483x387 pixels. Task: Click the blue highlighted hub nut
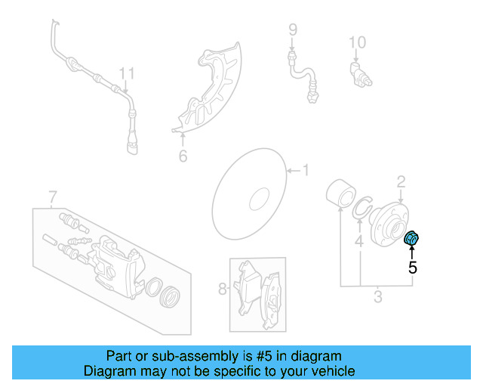tap(412, 240)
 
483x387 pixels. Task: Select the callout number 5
tap(413, 267)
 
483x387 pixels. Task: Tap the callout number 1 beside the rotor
tap(306, 170)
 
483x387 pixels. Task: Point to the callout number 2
tap(401, 181)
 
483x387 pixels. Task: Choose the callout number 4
tap(360, 242)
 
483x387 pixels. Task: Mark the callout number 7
tap(222, 288)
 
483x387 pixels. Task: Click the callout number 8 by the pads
tap(293, 30)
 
